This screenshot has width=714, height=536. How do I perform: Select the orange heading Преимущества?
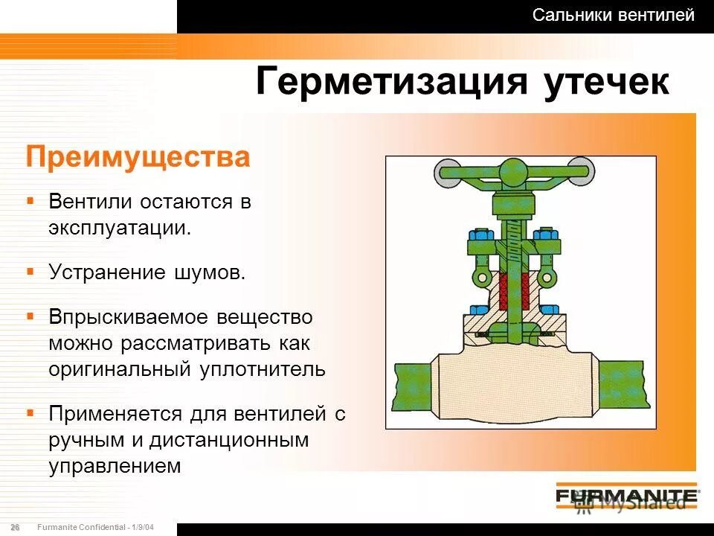pyautogui.click(x=138, y=159)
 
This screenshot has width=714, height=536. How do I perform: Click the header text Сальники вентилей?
pyautogui.click(x=614, y=15)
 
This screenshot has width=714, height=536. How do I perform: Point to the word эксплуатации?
pyautogui.click(x=120, y=227)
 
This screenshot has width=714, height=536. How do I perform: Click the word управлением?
pyautogui.click(x=115, y=466)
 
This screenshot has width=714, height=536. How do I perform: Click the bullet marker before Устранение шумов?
pyautogui.click(x=30, y=270)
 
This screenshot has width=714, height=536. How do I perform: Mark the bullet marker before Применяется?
pyautogui.click(x=30, y=412)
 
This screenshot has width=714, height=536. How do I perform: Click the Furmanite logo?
pyautogui.click(x=626, y=496)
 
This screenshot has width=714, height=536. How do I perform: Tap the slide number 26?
pyautogui.click(x=15, y=527)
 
